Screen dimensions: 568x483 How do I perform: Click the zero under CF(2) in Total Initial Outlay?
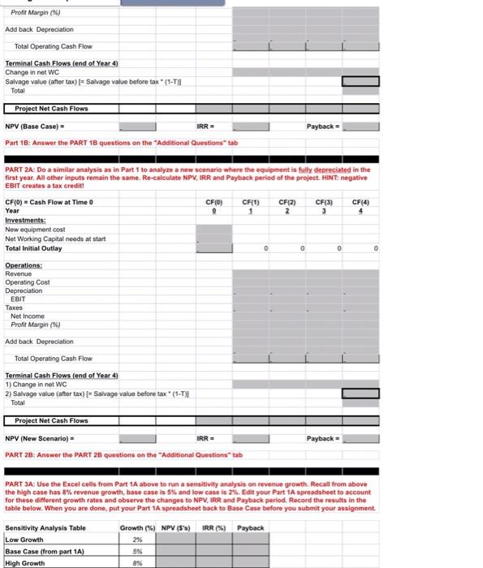tap(301, 249)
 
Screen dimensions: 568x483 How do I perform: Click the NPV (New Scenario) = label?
tap(45, 439)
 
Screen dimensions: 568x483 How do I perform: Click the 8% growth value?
tap(136, 563)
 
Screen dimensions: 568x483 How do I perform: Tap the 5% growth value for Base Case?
tap(136, 552)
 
